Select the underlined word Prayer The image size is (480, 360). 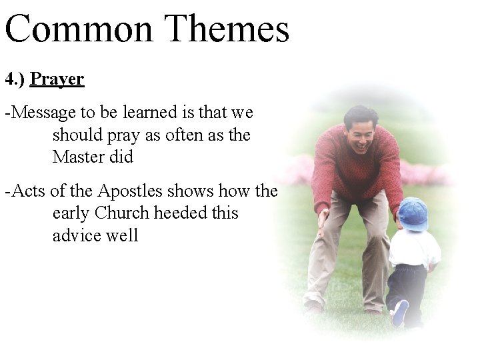(57, 80)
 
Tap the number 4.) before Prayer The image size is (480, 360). (15, 79)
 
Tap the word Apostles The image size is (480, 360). (130, 191)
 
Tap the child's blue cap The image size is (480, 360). (413, 213)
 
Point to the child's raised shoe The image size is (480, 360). (399, 313)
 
